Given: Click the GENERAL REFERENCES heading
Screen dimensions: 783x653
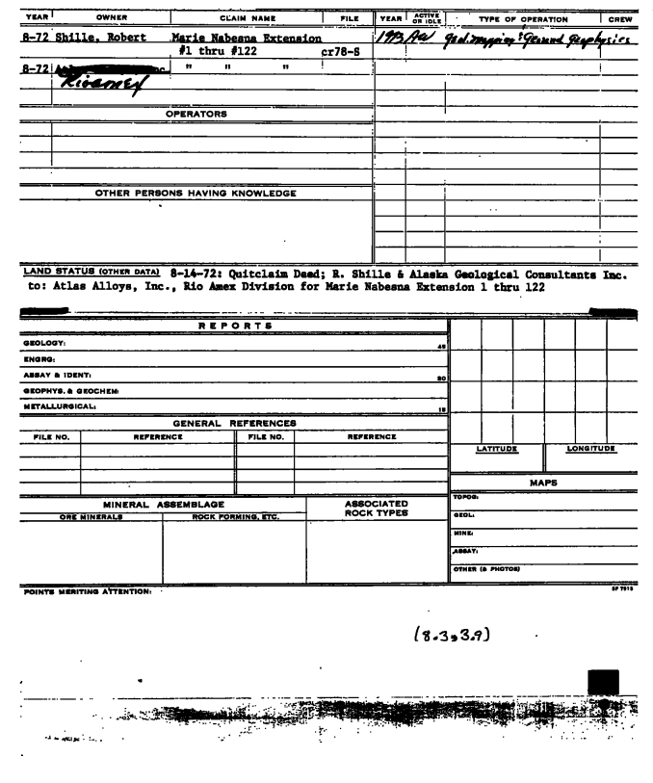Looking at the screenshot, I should pyautogui.click(x=233, y=422).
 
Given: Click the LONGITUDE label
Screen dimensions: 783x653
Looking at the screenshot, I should pyautogui.click(x=588, y=448).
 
